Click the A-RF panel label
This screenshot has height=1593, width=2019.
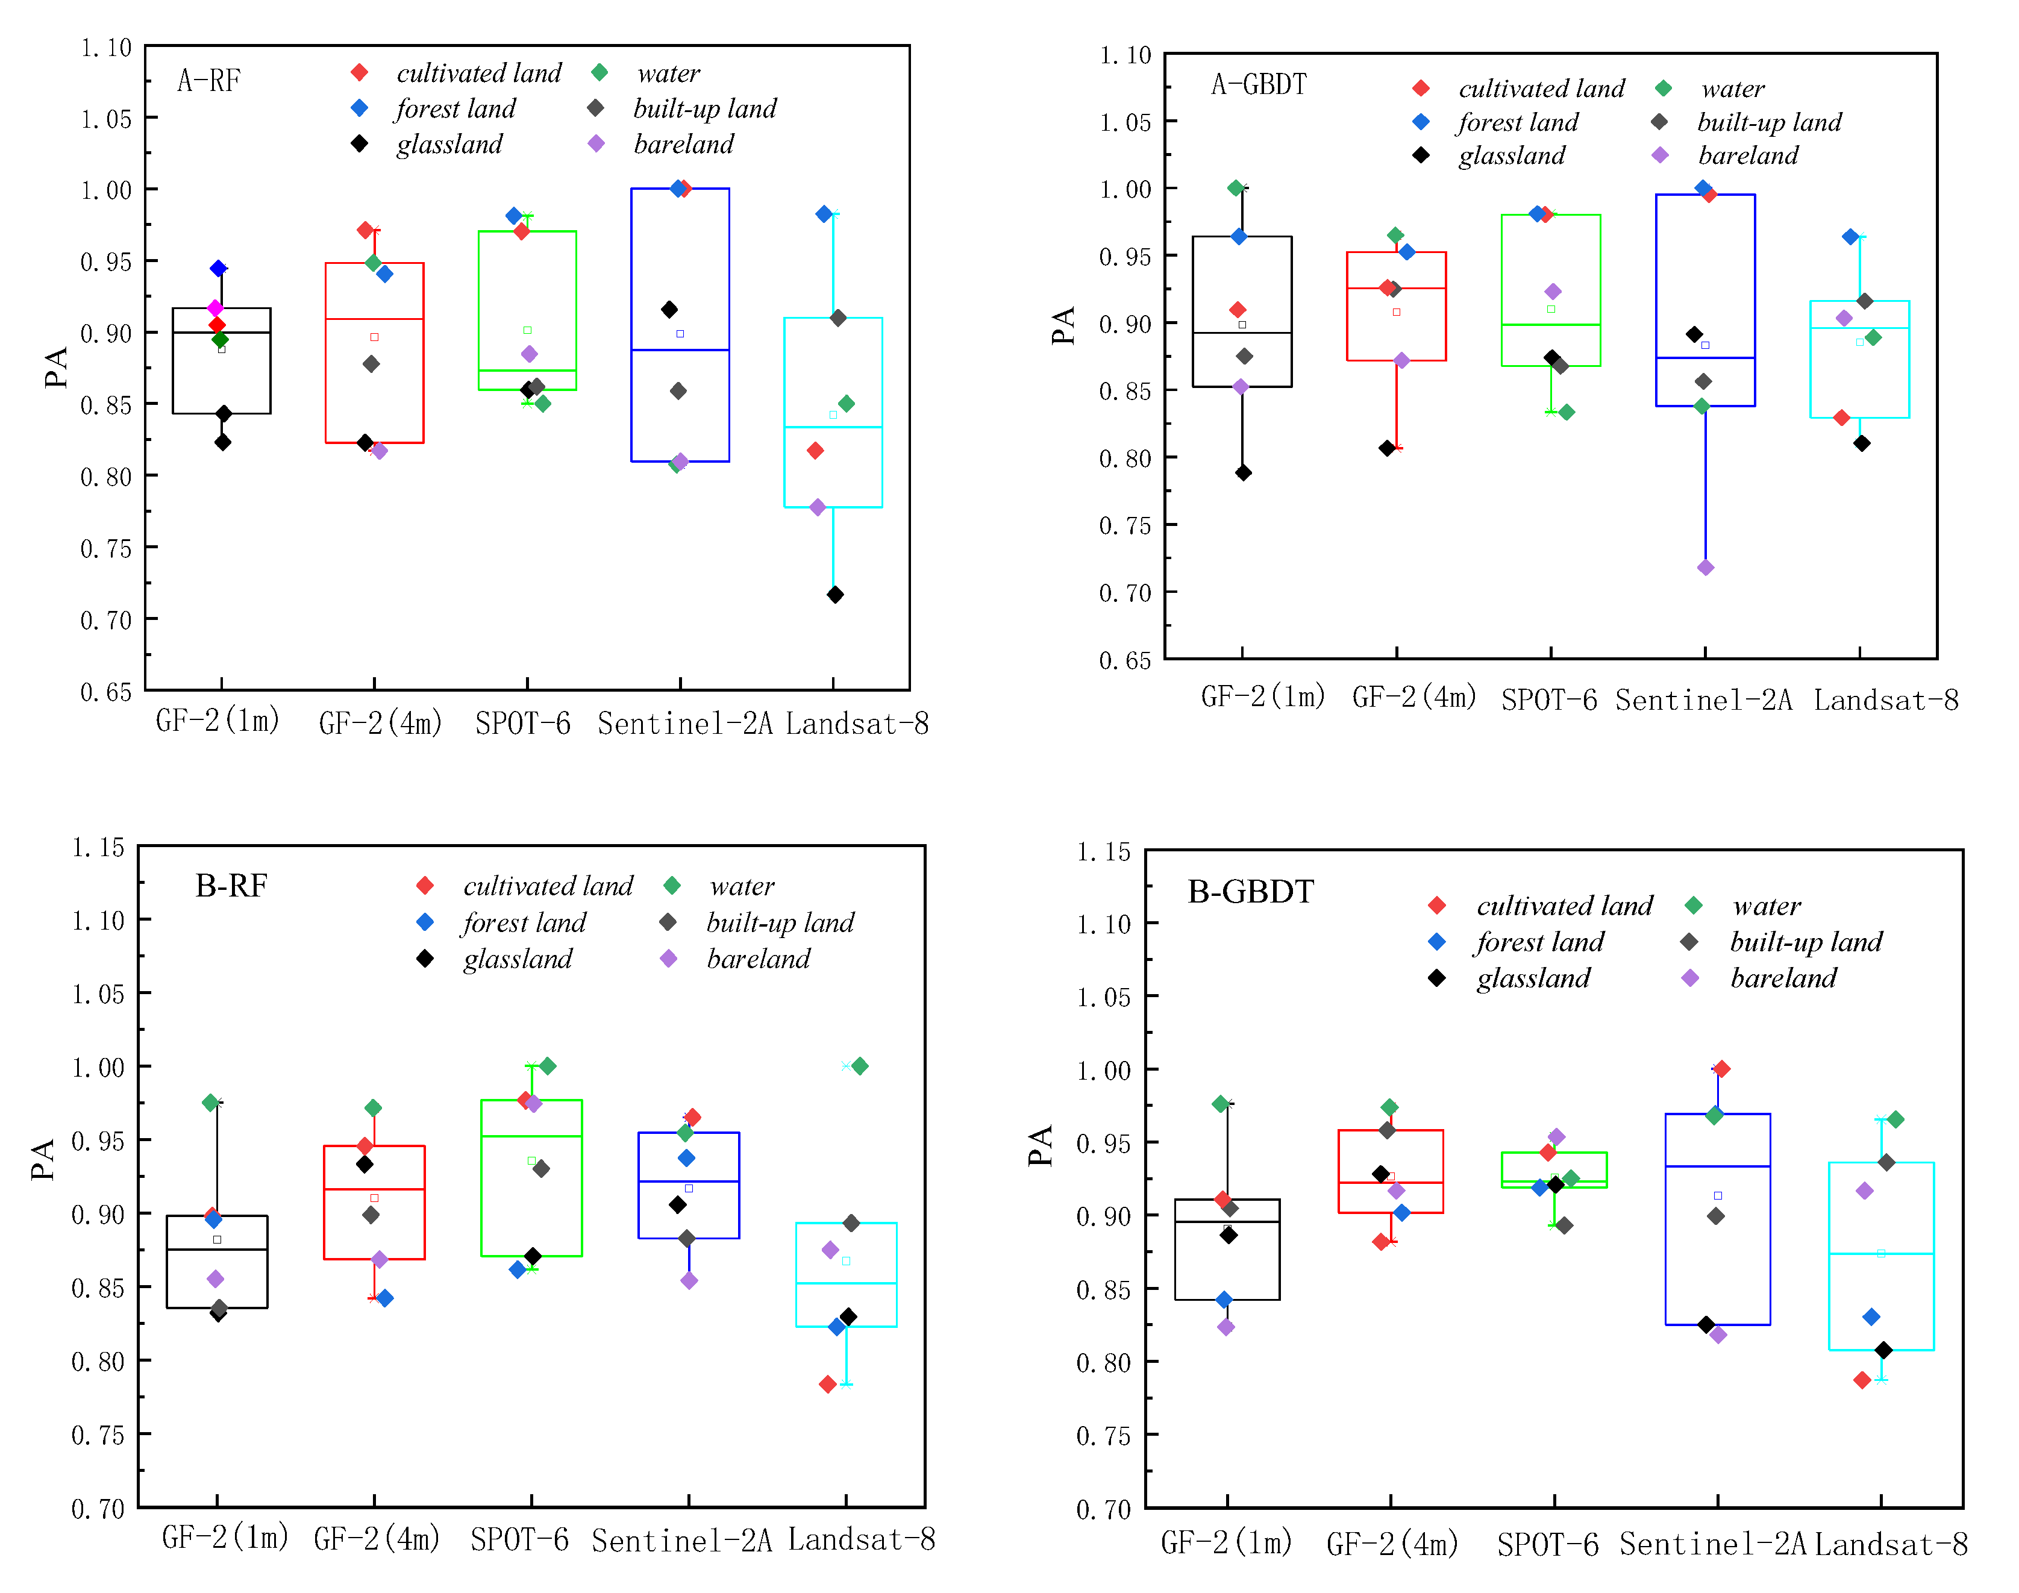(x=209, y=81)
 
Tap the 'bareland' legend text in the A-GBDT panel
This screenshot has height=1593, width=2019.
(x=1748, y=156)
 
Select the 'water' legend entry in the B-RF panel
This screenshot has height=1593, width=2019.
(x=742, y=886)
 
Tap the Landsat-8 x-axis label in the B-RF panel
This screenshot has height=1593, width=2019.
(x=861, y=1540)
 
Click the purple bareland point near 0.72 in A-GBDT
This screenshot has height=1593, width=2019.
(x=1706, y=568)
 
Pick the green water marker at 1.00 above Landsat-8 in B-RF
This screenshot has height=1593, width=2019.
(x=860, y=1066)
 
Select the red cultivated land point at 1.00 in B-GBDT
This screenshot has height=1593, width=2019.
(x=1721, y=1069)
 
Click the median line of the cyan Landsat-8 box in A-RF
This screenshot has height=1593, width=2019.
(x=833, y=427)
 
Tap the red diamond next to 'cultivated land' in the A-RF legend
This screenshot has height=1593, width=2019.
(x=359, y=73)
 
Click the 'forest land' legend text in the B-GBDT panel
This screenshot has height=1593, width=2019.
(x=1539, y=942)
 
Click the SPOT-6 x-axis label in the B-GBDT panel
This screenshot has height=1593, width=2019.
(x=1547, y=1545)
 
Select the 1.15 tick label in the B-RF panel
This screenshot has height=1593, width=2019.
(x=99, y=847)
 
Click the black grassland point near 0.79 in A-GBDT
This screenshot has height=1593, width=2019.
(x=1243, y=473)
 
